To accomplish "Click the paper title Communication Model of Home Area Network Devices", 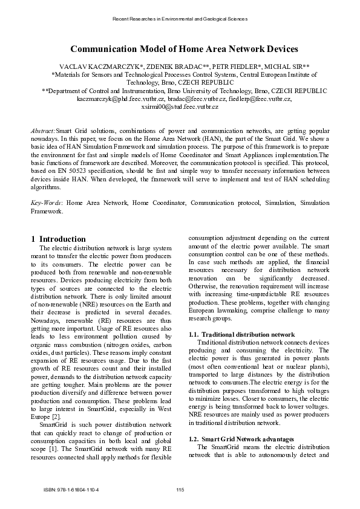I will [180, 49].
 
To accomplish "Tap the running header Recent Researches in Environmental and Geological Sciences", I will [180, 19].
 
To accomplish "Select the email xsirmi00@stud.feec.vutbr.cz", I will [180, 106].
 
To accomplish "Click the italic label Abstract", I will [43, 131].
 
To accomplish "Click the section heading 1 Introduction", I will [58, 239].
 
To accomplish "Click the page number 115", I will [180, 489].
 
